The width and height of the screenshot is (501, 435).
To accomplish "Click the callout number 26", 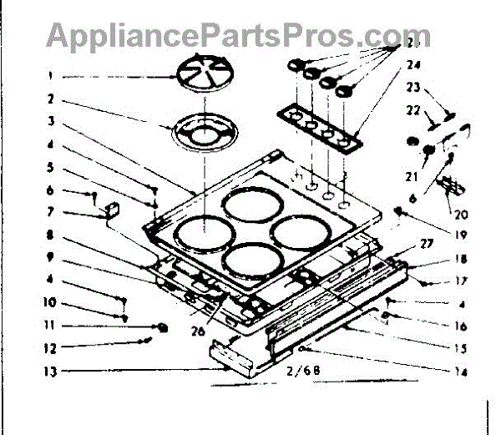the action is pos(198,330).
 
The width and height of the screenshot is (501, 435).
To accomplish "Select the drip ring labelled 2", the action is pos(203,134).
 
